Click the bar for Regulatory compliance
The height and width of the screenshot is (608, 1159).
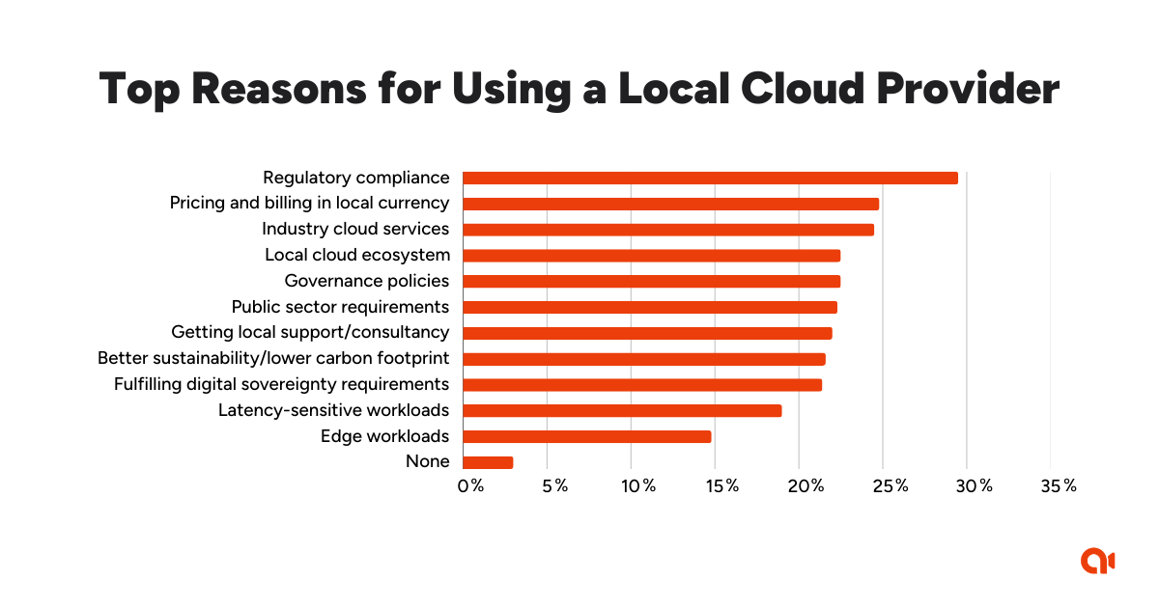pyautogui.click(x=710, y=178)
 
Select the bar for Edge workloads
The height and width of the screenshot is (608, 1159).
pyautogui.click(x=586, y=436)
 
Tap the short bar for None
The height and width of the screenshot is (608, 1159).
pyautogui.click(x=488, y=462)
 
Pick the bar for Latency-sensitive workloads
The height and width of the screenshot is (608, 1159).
pyautogui.click(x=622, y=410)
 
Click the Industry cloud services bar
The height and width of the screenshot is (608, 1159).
pyautogui.click(x=668, y=230)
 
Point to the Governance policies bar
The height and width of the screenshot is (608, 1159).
pyautogui.click(x=651, y=281)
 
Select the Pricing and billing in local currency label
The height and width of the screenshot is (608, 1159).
pyautogui.click(x=309, y=204)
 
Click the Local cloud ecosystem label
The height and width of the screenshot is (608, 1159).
pyautogui.click(x=357, y=255)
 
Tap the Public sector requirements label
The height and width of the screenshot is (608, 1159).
pyautogui.click(x=340, y=307)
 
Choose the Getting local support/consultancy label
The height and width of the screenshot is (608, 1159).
pyautogui.click(x=310, y=332)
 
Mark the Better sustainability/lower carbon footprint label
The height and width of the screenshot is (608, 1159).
pyautogui.click(x=273, y=358)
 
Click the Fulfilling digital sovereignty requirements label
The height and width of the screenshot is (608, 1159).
pyautogui.click(x=281, y=384)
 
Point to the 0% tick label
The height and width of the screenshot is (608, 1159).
pyautogui.click(x=470, y=485)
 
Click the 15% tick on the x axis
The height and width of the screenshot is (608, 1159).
pyautogui.click(x=721, y=485)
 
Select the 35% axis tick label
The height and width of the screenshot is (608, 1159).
pyautogui.click(x=1058, y=485)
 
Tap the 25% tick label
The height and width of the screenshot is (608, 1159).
pyautogui.click(x=890, y=485)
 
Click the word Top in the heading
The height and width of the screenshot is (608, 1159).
pyautogui.click(x=137, y=90)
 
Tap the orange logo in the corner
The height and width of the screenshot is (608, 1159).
pyautogui.click(x=1098, y=561)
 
